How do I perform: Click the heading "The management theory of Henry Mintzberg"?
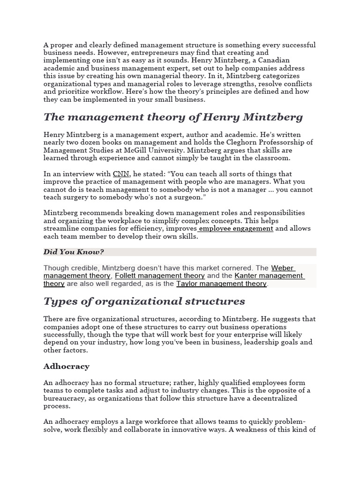(173, 117)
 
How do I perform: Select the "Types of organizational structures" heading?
(144, 300)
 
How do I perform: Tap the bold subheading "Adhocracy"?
(66, 366)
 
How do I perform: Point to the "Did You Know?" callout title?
(74, 252)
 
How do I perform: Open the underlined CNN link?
(120, 174)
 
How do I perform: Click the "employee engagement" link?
(236, 228)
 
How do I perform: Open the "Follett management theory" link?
(160, 276)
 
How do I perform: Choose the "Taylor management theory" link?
(221, 284)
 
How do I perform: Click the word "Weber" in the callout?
(283, 268)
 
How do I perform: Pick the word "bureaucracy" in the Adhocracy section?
(64, 398)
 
